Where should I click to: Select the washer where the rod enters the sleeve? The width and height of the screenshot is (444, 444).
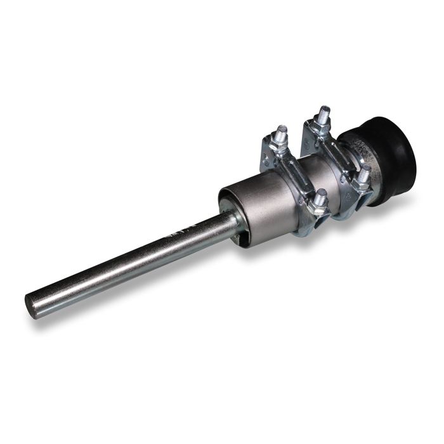click(236, 221)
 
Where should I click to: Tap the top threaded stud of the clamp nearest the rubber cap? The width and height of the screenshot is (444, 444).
click(324, 115)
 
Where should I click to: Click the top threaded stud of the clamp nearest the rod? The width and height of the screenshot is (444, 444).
click(282, 134)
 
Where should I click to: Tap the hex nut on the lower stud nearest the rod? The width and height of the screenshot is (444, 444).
click(319, 206)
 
